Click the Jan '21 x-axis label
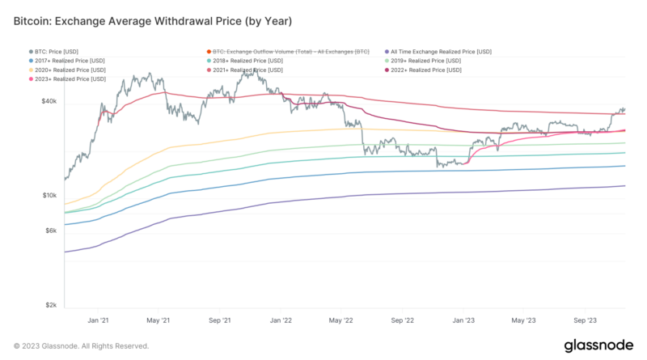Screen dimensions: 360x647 tap(98, 320)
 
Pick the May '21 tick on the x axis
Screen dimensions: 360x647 tap(159, 320)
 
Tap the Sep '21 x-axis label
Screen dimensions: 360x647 tap(220, 320)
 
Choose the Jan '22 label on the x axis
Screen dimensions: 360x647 tap(281, 320)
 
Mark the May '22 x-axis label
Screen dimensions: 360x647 tap(341, 320)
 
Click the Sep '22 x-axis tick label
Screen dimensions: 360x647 tap(402, 320)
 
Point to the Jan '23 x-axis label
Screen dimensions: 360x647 tap(463, 320)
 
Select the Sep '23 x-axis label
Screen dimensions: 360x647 tap(586, 320)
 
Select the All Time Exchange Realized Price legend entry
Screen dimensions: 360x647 tap(441, 52)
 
